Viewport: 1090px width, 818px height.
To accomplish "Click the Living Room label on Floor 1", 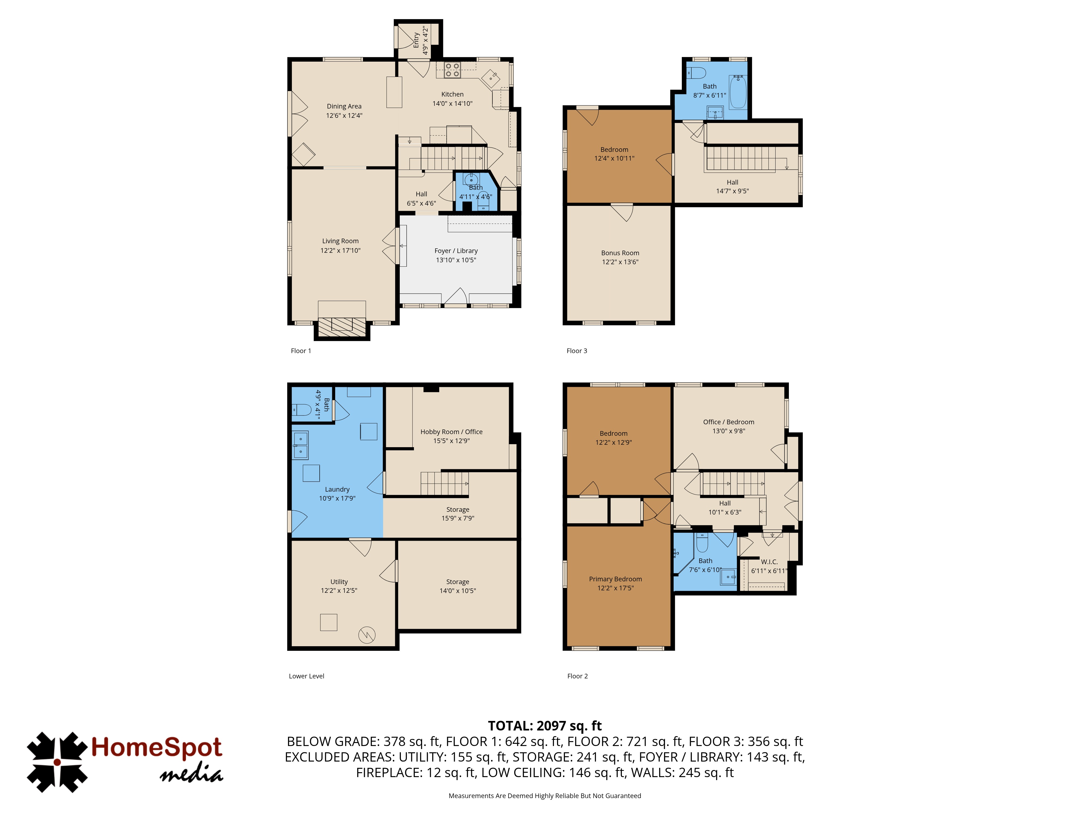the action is tap(340, 241).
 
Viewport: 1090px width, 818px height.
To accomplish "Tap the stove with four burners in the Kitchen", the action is tap(452, 70).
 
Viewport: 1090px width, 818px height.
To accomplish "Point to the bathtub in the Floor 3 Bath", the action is tap(738, 92).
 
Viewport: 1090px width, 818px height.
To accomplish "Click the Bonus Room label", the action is tap(620, 253).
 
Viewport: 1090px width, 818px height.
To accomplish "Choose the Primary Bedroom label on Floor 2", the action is tap(616, 579).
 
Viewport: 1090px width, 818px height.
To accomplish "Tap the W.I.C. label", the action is tap(769, 562).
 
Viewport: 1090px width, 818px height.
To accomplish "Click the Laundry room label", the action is tap(337, 490).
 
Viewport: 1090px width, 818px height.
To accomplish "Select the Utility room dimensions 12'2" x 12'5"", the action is tap(339, 591).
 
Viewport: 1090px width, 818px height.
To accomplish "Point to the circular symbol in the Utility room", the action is tap(367, 634).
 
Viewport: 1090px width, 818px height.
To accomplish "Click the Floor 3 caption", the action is tap(577, 351).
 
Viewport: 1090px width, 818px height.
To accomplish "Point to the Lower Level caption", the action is tap(307, 676).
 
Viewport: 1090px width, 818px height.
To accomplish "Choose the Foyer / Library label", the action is tap(456, 251).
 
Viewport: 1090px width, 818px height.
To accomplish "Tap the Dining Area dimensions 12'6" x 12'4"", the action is tap(344, 115).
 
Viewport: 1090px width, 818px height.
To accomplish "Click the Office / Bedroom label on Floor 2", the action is tap(728, 422).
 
